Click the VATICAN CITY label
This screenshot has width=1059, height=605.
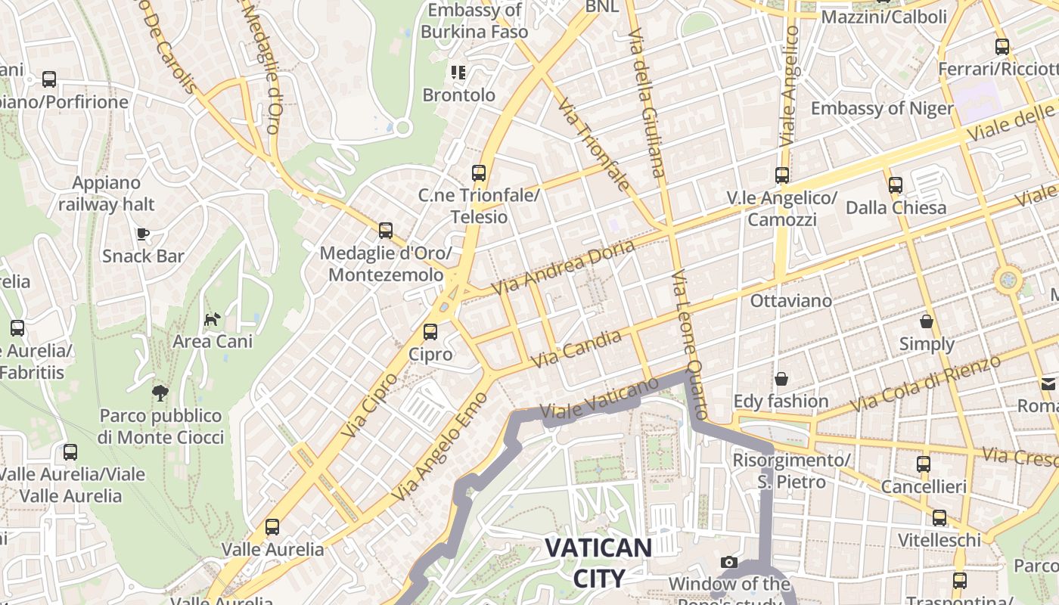click(598, 563)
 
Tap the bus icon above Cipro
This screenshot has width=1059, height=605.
click(430, 331)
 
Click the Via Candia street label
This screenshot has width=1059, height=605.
click(576, 349)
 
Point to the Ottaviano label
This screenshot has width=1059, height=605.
click(790, 300)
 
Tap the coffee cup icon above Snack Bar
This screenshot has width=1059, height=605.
click(143, 233)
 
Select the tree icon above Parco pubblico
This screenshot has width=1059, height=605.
click(160, 392)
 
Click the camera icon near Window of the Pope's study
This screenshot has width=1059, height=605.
click(729, 562)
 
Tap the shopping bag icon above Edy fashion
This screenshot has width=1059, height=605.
click(781, 378)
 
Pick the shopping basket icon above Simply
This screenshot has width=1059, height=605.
click(927, 321)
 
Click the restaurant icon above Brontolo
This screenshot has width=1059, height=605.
click(458, 73)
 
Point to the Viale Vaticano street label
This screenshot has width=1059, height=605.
click(601, 398)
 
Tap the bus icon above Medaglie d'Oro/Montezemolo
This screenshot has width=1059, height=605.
click(386, 230)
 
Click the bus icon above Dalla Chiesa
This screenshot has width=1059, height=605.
click(896, 185)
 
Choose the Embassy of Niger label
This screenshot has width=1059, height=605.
click(882, 108)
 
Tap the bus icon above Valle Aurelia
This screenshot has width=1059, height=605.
click(272, 526)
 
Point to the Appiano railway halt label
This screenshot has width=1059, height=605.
click(106, 194)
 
